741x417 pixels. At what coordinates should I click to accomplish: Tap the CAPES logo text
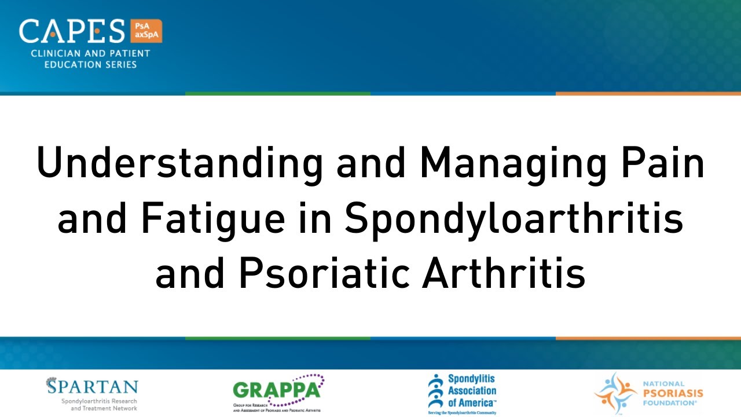72,31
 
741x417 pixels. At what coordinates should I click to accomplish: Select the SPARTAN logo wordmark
93,387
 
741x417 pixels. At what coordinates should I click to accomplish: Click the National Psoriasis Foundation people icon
615,393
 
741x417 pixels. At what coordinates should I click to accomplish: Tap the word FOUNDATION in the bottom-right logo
672,402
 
